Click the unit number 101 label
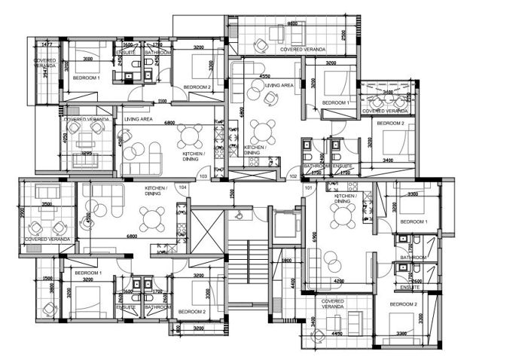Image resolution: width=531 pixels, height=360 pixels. (x=308, y=188)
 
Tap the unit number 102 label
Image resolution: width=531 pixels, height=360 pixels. (x=293, y=175)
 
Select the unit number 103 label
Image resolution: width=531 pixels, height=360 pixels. (x=203, y=175)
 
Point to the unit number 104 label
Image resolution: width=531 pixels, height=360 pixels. (x=182, y=186)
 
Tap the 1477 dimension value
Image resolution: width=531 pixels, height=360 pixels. (x=47, y=45)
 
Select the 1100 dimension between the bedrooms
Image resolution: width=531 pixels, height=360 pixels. (x=161, y=101)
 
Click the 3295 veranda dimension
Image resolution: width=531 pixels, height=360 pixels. (x=87, y=154)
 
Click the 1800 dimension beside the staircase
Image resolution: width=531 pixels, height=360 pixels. (x=287, y=261)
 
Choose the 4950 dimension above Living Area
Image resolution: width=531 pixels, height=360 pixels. (x=265, y=76)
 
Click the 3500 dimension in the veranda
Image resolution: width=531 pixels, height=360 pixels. (x=47, y=204)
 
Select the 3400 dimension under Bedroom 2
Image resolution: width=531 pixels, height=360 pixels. (x=388, y=160)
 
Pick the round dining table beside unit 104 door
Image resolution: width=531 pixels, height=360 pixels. (x=154, y=219)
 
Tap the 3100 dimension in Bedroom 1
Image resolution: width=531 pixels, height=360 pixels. (x=88, y=58)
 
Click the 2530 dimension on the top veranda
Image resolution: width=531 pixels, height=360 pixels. (x=343, y=35)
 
